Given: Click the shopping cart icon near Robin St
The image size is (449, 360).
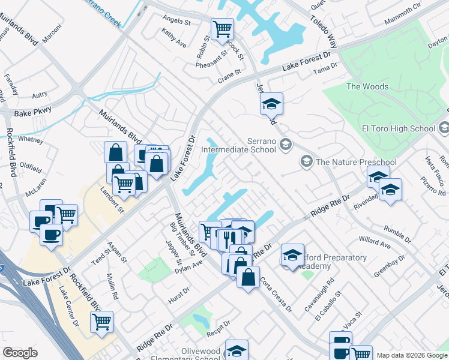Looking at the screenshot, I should [x=222, y=28].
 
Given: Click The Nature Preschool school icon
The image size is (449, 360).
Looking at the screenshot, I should [x=307, y=161].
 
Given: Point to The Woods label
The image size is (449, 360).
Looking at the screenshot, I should [x=367, y=86].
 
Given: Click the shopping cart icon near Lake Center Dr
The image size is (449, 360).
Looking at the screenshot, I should [x=101, y=321].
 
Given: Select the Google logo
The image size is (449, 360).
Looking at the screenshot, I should [x=20, y=353].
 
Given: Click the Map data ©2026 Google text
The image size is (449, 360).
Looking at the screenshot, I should [x=411, y=355].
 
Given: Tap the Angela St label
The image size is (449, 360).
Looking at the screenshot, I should [x=176, y=20].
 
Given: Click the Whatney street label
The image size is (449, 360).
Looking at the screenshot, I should [x=31, y=139].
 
